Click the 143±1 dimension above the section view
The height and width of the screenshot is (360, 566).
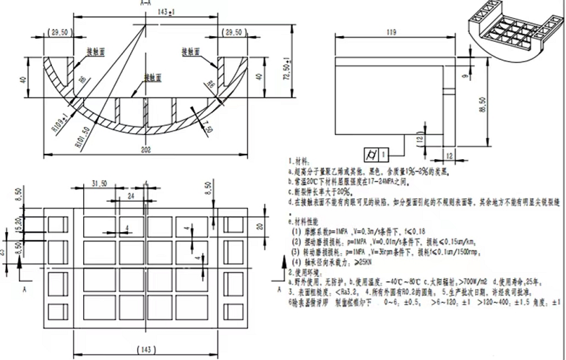click(149, 11)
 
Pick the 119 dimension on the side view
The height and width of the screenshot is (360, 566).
click(393, 33)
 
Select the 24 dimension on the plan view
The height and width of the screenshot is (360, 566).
click(130, 195)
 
